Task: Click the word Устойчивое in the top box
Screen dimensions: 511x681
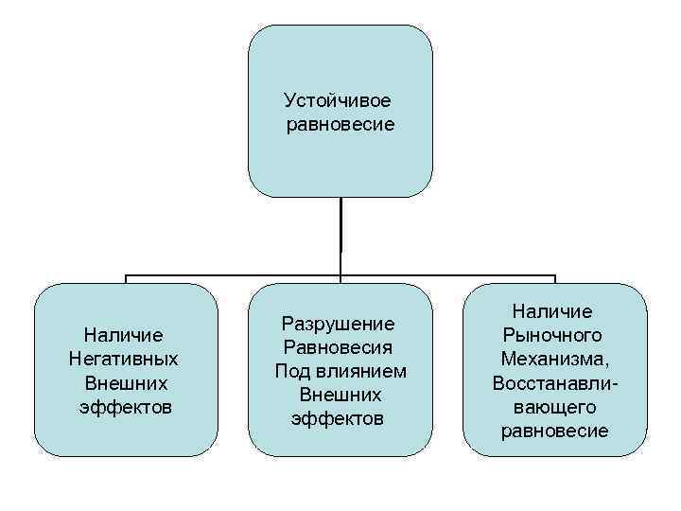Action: (338, 100)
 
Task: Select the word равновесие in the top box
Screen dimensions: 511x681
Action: (340, 125)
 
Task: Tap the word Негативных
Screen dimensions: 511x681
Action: (124, 360)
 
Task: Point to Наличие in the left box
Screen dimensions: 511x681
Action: (124, 335)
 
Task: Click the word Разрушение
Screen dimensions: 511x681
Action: (340, 323)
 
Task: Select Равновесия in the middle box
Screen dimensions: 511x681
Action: (340, 346)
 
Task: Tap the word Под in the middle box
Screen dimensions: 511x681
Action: (292, 370)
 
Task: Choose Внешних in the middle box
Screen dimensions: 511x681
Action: (340, 394)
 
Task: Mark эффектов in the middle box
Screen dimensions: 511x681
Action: (340, 418)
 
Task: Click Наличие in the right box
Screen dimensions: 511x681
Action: (554, 310)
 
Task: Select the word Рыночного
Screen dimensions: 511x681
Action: (554, 335)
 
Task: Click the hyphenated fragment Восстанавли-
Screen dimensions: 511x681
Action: (556, 384)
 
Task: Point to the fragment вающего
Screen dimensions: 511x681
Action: (554, 408)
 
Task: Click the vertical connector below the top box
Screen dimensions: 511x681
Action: (340, 237)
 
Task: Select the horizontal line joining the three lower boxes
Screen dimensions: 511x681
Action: (236, 276)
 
